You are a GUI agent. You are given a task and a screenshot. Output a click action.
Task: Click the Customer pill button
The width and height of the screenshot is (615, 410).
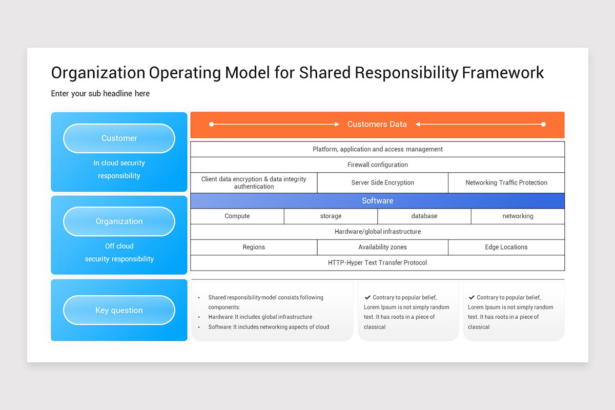coord(119,138)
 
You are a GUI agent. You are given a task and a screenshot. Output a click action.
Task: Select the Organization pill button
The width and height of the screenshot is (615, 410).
coord(119,221)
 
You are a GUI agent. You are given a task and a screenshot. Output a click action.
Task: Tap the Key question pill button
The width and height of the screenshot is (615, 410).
coord(119,310)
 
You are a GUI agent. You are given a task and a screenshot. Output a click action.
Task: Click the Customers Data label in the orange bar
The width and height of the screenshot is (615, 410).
coord(377,124)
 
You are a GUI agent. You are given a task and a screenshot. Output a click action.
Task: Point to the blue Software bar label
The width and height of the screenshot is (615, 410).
coord(377,201)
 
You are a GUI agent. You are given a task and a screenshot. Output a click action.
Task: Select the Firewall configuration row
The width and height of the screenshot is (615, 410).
coord(377,165)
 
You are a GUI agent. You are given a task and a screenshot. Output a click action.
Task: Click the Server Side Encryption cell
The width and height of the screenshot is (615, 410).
coord(382,183)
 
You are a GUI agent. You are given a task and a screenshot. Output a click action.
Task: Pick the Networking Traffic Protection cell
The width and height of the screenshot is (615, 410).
coord(506,183)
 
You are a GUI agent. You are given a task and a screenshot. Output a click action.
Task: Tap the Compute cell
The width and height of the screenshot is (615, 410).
coord(237,216)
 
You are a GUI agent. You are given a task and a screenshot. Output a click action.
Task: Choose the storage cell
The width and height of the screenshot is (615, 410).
coord(331,216)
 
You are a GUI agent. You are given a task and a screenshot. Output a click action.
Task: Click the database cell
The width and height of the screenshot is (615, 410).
coord(424,216)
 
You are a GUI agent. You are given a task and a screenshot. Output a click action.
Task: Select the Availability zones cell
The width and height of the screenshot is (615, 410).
coord(382,248)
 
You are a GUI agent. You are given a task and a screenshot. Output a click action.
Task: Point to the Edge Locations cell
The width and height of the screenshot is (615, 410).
coord(506,248)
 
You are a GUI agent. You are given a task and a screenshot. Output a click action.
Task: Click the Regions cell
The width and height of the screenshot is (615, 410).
coord(254,248)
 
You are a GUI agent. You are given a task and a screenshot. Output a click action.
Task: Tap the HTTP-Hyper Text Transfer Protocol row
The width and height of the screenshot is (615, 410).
coord(377,263)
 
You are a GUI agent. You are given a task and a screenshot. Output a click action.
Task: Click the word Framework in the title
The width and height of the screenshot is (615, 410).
coord(503,73)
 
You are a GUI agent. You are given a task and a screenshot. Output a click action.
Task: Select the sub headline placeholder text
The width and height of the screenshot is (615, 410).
coord(100,94)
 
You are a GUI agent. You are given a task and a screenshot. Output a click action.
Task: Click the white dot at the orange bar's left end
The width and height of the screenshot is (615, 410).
coord(212,124)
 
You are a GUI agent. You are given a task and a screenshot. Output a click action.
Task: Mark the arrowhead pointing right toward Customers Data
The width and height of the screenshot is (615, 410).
coord(337,124)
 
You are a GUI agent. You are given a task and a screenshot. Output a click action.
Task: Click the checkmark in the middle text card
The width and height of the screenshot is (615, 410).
coord(367,297)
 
